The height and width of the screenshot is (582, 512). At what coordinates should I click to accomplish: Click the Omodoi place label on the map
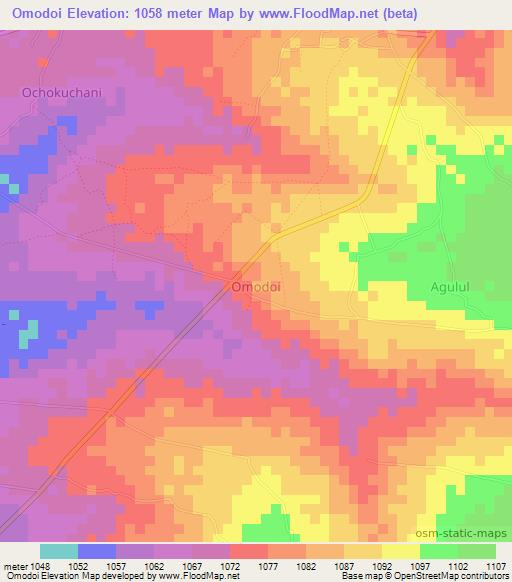point(256,286)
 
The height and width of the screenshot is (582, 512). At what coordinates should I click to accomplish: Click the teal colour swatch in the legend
point(59,551)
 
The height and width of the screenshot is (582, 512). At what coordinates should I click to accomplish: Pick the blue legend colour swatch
point(97,551)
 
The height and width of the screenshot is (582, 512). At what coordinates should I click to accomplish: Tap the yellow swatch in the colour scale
point(401,551)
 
